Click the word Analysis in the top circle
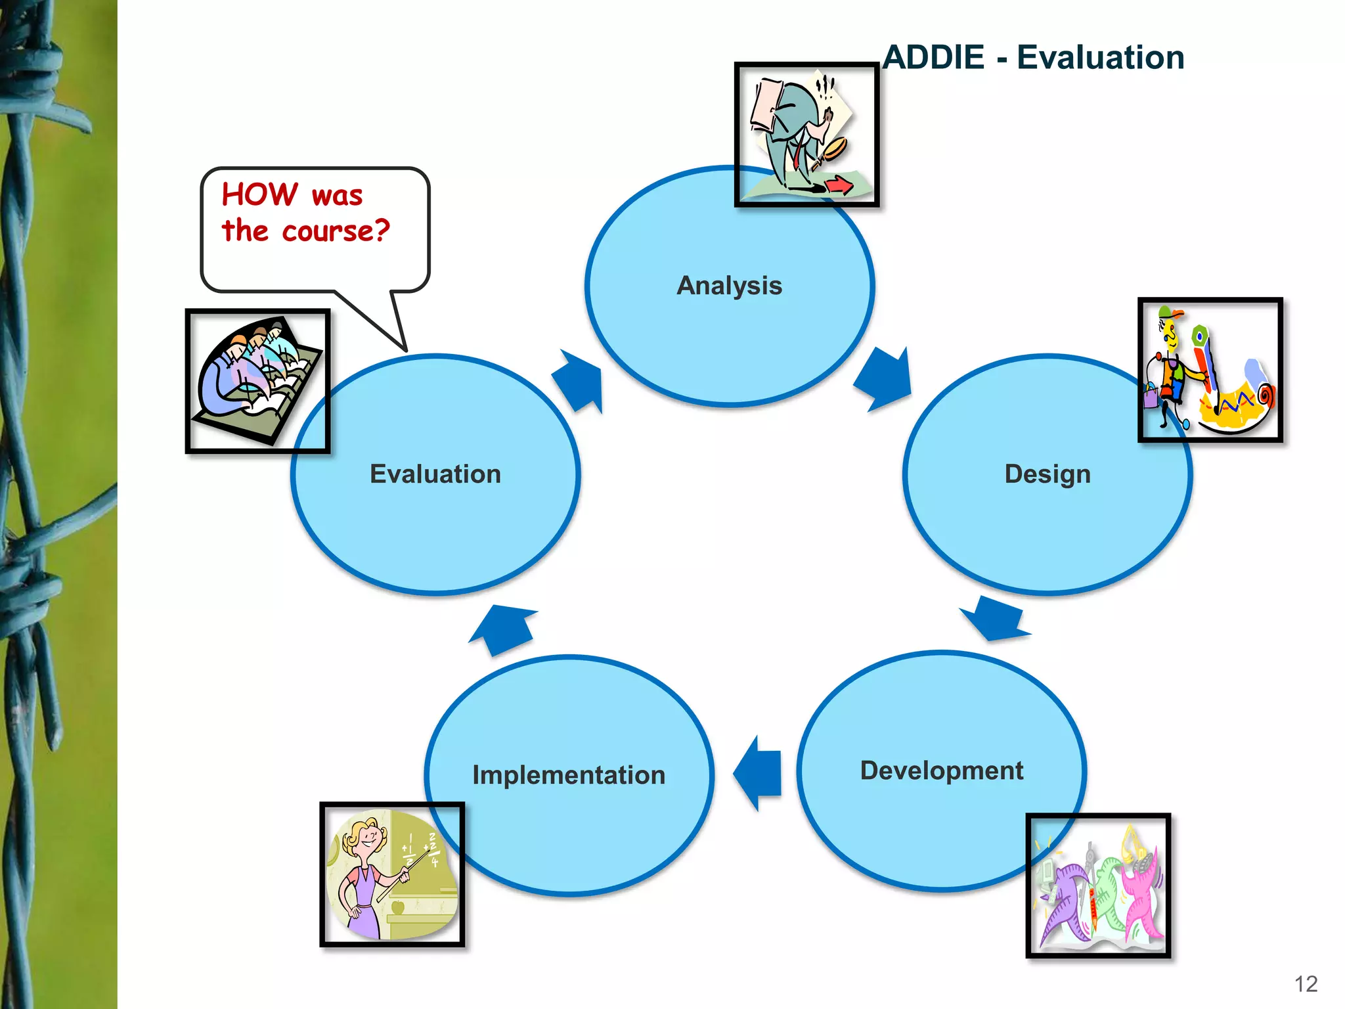coord(729,286)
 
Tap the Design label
coord(1047,474)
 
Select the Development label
coord(941,771)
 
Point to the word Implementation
coord(569,775)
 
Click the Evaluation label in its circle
coord(435,474)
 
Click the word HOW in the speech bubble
coord(259,194)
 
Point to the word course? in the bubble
coord(336,231)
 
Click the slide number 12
coord(1306,984)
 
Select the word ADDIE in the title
coord(933,57)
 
